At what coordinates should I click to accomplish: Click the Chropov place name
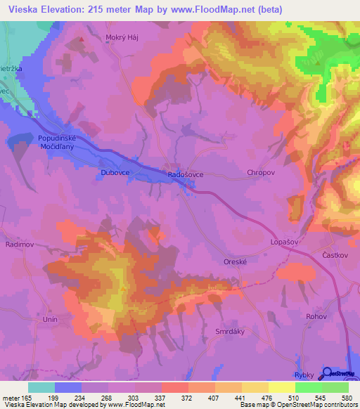[261, 171]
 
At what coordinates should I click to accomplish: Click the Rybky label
[304, 375]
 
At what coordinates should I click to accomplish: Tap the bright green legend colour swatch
[308, 387]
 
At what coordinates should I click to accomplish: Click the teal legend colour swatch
[41, 387]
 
